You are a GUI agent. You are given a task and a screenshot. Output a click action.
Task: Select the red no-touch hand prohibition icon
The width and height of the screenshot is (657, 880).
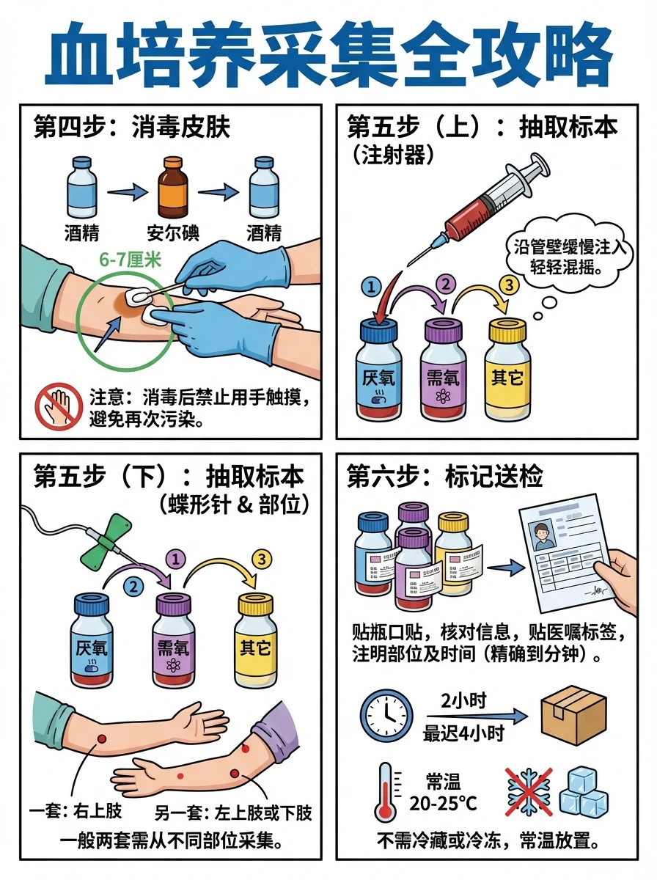tap(59, 406)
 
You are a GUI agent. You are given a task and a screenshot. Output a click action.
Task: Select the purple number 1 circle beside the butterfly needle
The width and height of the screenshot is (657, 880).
tap(175, 558)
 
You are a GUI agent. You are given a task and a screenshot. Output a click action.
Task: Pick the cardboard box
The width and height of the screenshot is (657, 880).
tap(573, 715)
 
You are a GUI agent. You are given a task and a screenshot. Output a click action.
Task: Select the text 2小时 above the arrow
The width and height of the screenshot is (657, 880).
tap(465, 700)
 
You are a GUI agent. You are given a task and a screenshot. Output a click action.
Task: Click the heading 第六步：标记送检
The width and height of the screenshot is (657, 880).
tap(445, 477)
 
